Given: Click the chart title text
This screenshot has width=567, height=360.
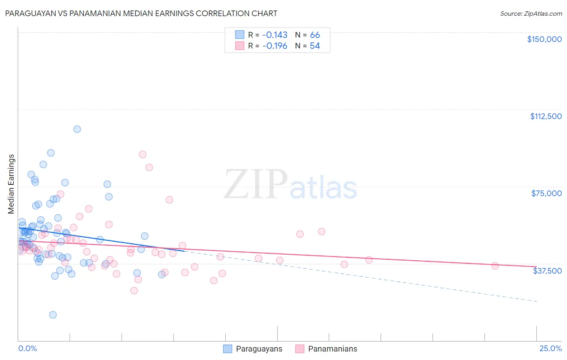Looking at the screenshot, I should point(141,13).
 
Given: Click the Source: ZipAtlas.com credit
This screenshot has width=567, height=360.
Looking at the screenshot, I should point(531,13).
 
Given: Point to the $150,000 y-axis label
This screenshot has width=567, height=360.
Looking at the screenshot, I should point(544,39).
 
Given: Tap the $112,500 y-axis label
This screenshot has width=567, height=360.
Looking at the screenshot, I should point(546,116).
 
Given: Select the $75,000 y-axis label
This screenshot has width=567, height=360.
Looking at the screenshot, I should point(546,193).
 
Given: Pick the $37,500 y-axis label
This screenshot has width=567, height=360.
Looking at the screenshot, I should point(547,271).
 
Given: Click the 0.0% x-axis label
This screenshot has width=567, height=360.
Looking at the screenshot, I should point(27,349).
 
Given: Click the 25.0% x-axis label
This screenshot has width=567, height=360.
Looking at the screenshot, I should point(550,349).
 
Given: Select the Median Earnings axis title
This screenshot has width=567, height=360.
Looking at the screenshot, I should point(11,184).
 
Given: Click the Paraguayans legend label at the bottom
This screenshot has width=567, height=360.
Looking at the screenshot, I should point(259,349).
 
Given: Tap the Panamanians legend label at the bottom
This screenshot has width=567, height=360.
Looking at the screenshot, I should point(332,349).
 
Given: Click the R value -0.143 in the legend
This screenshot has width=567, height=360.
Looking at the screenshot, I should point(275,35).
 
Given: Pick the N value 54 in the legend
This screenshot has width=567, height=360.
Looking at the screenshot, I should point(315,46).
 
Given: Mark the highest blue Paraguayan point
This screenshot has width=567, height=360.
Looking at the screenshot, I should point(77,129).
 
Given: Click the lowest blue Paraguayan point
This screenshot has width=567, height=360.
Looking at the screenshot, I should point(53,315).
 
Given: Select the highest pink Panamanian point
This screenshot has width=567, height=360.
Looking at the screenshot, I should point(142,154).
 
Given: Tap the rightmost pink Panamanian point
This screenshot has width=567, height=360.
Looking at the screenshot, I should point(495,266).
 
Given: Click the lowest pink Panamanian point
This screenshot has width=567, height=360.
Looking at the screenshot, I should point(134,291).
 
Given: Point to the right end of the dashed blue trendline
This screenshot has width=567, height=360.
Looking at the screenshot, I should point(537,301).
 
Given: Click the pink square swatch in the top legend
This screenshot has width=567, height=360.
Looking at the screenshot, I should point(240,46).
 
